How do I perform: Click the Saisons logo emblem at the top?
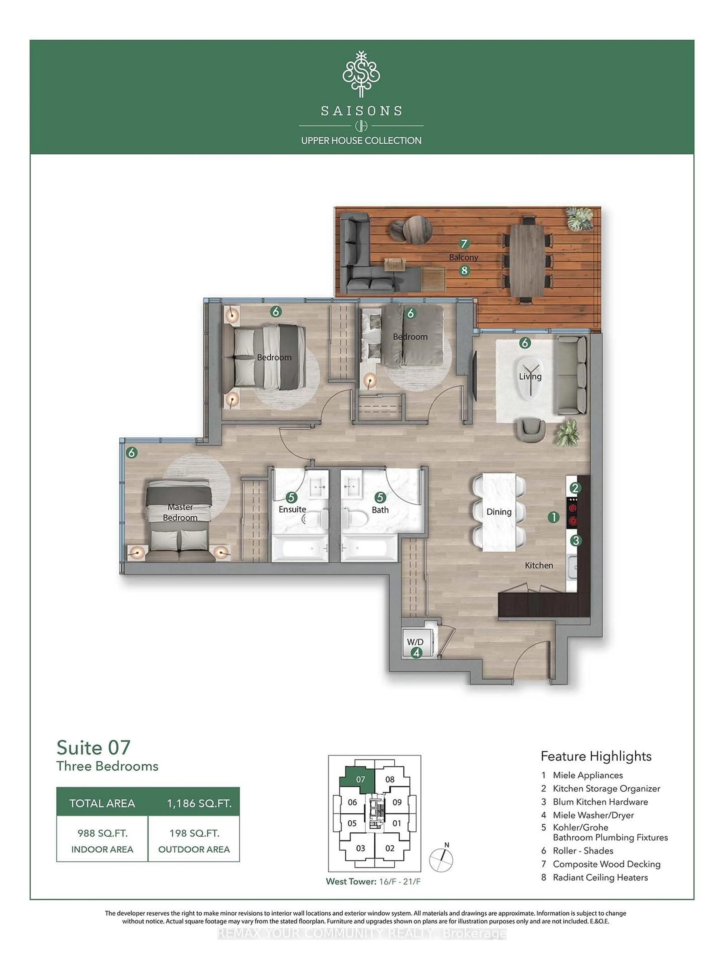tap(361, 74)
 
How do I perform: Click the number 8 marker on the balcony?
tap(464, 270)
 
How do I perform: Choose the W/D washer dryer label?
tap(415, 642)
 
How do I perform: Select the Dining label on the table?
tap(499, 512)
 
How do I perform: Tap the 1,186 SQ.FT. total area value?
tap(199, 803)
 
